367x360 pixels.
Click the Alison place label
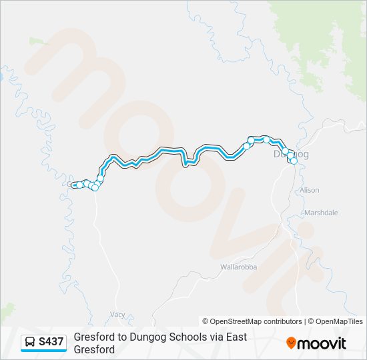[x=310, y=190]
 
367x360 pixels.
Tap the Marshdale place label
[x=321, y=213]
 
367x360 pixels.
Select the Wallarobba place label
[x=238, y=267]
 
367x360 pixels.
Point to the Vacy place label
[x=118, y=313]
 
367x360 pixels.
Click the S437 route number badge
[x=51, y=342]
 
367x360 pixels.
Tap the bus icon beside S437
[x=31, y=342]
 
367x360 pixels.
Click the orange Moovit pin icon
[x=291, y=343]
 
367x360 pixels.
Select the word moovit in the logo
[x=322, y=343]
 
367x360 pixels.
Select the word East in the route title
[x=232, y=337]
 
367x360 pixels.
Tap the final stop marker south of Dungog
[x=293, y=161]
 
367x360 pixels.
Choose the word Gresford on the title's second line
[x=94, y=349]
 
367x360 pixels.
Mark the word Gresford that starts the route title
[x=94, y=337]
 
